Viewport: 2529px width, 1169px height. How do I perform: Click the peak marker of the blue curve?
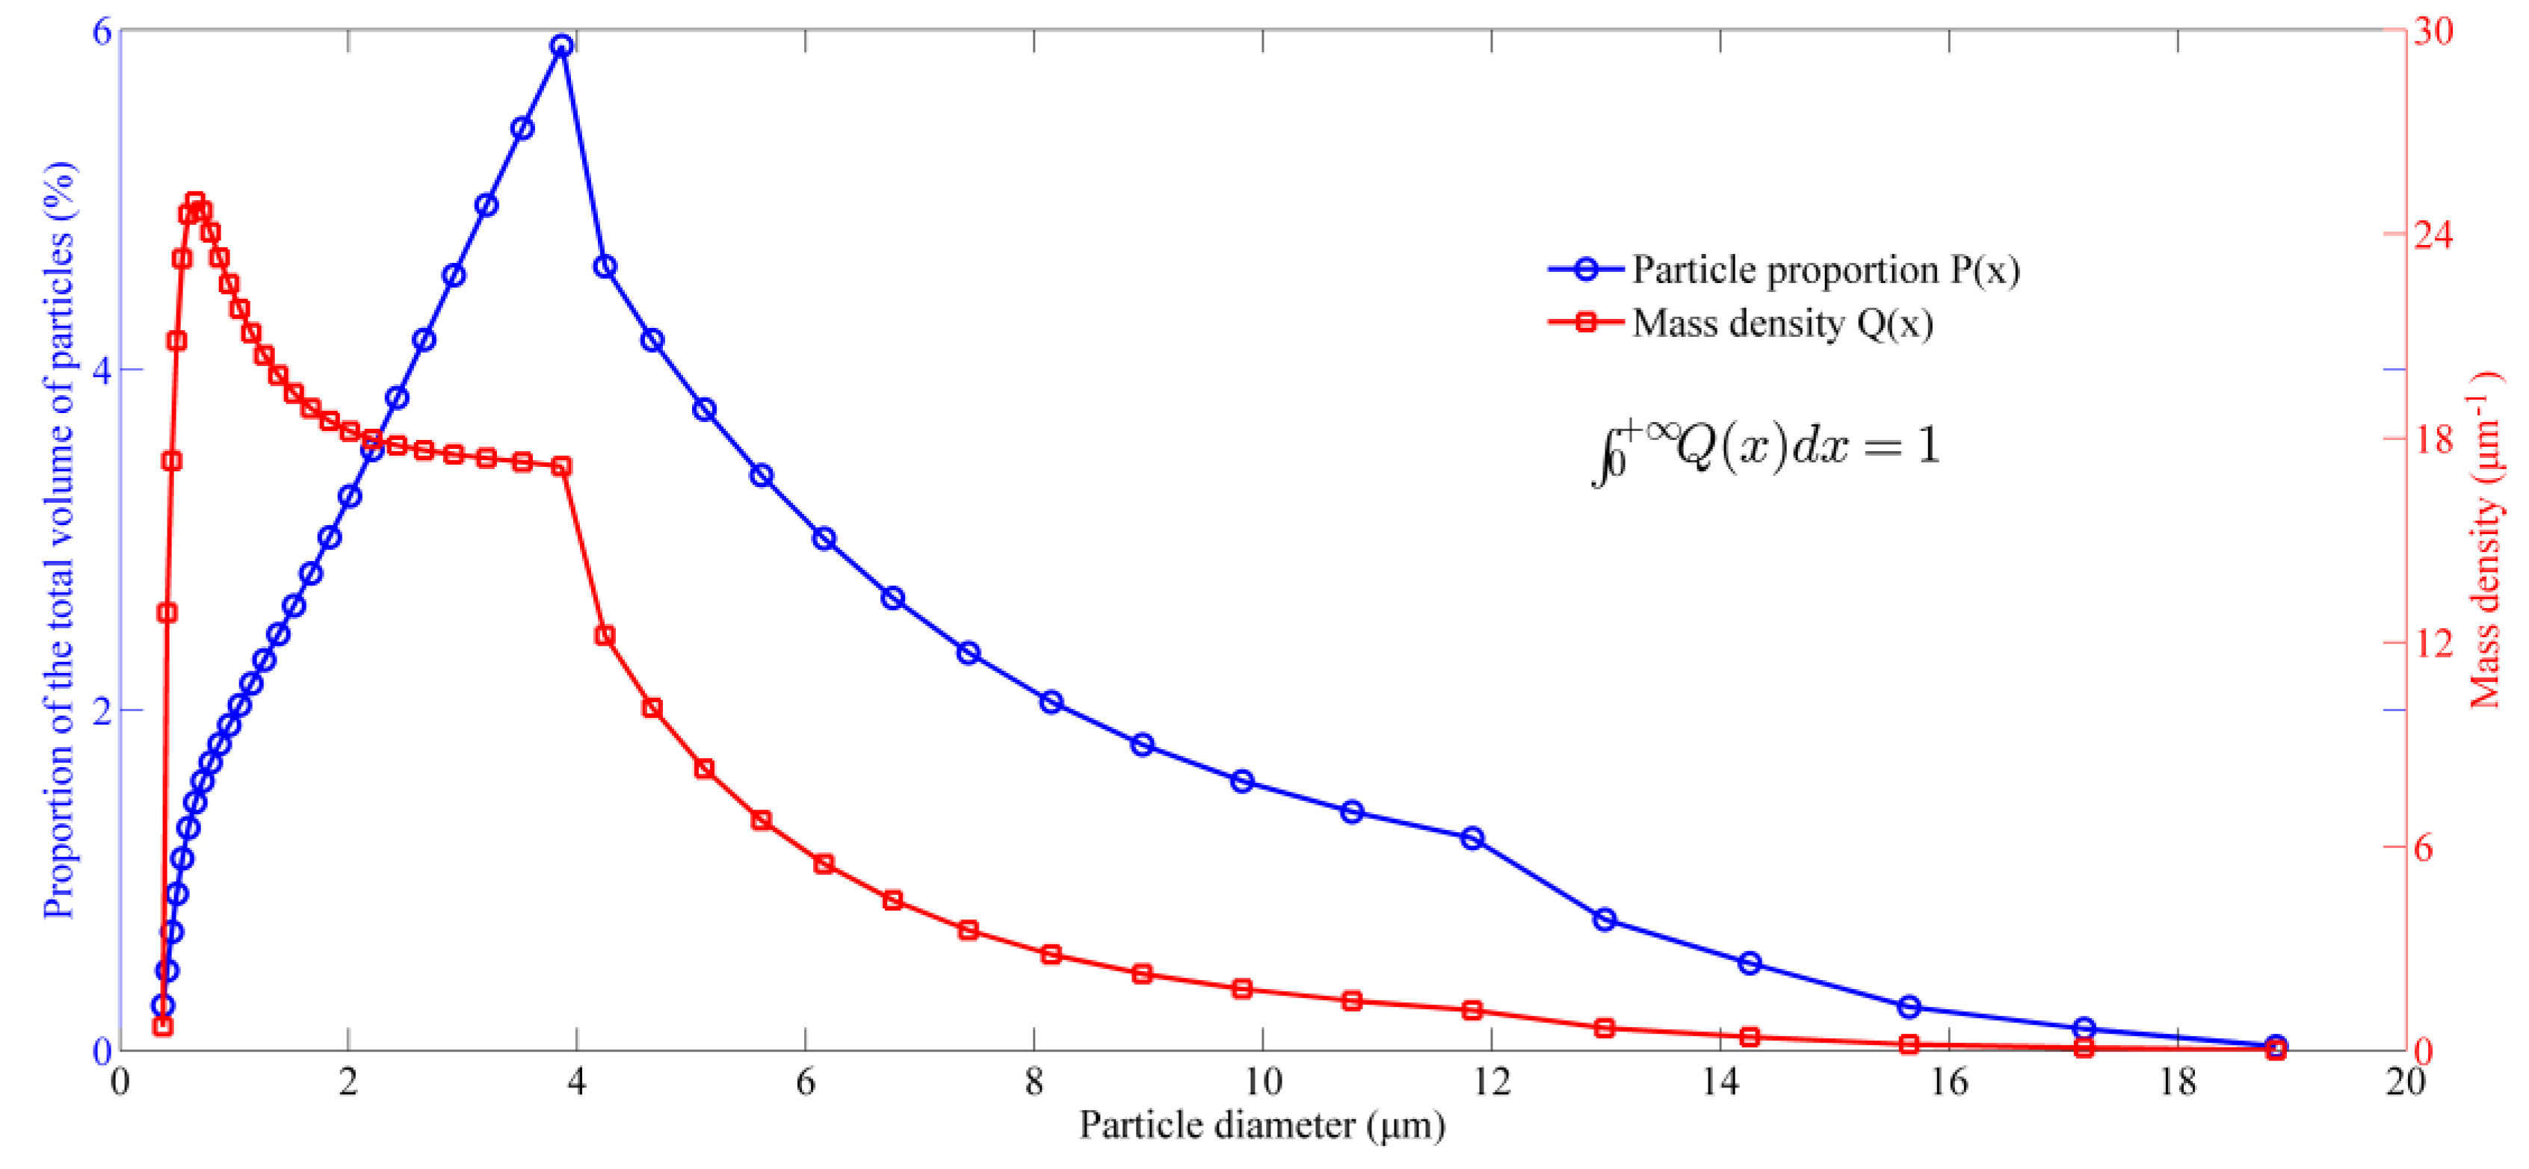561,46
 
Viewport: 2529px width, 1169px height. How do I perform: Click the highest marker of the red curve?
195,203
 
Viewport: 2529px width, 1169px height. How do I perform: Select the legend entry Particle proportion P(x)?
1825,270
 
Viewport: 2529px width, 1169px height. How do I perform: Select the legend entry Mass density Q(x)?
1782,323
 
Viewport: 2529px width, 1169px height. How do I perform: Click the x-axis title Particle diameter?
1262,1125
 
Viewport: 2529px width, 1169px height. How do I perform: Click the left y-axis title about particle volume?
59,540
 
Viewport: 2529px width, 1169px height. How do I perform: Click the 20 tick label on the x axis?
2404,1082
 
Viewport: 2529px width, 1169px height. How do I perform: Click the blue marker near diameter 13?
1605,920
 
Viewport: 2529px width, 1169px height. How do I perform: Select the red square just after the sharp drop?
605,636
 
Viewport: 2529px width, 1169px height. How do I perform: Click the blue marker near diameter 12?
1472,838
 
